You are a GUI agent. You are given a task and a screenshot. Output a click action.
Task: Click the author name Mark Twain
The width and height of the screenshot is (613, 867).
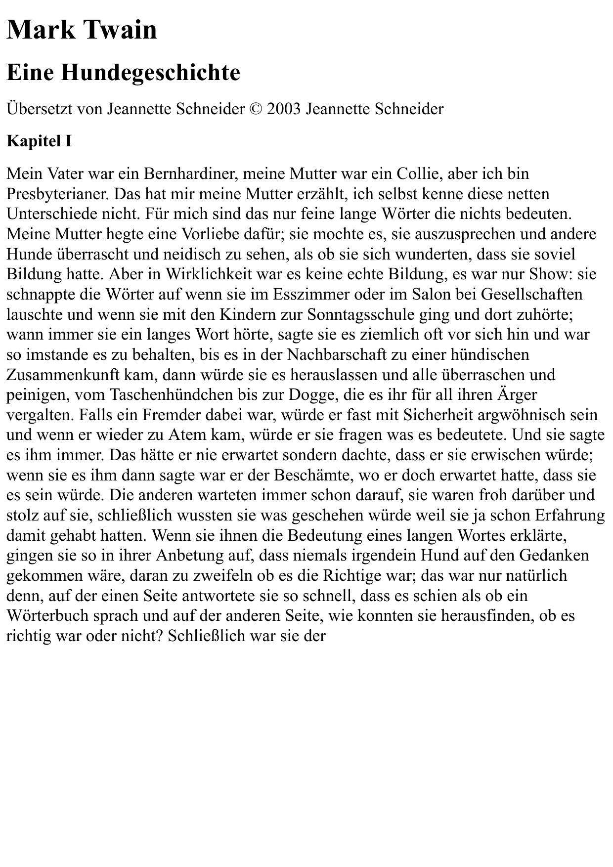tap(82, 30)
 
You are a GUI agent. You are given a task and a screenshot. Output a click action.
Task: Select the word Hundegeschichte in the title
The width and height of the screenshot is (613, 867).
tap(151, 73)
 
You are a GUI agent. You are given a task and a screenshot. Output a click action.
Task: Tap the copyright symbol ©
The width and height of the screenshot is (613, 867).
tap(256, 109)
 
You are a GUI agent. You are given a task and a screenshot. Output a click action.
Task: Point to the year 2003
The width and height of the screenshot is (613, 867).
tap(284, 109)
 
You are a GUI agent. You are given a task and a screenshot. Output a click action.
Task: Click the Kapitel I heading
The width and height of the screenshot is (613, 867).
tap(39, 141)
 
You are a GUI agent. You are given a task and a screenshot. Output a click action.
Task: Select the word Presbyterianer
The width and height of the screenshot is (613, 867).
tap(55, 194)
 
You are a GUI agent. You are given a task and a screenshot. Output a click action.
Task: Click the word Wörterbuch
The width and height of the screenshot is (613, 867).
tap(47, 616)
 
